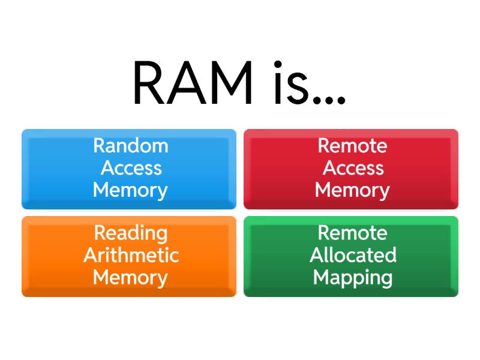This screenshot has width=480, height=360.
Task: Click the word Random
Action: [x=130, y=146]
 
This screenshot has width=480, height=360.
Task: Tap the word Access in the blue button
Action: [x=131, y=168]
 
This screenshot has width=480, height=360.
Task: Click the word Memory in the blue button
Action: [x=130, y=190]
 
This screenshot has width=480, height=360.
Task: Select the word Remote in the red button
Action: [x=352, y=146]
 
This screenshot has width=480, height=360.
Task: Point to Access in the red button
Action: [x=353, y=168]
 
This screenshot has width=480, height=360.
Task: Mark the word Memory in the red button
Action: [x=352, y=190]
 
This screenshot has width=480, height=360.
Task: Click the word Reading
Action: [x=130, y=233]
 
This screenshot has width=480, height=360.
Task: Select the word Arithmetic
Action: [x=131, y=255]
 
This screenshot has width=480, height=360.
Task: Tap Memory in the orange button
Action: [x=130, y=277]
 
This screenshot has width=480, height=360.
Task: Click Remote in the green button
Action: [x=352, y=233]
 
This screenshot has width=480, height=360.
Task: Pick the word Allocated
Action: [x=353, y=255]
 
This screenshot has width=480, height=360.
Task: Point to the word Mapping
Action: [x=353, y=278]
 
